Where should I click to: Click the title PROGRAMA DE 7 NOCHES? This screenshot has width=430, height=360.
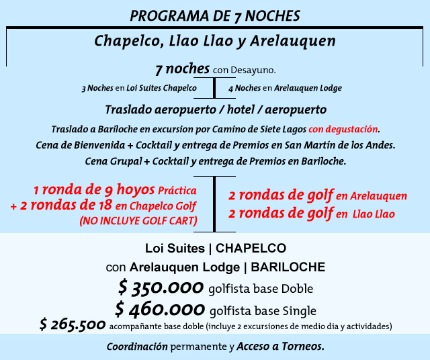coord(214,15)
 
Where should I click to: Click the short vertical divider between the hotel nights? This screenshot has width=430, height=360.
coord(214,88)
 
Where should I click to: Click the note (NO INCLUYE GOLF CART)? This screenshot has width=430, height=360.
coord(138,220)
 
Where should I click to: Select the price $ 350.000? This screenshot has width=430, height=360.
coord(161,289)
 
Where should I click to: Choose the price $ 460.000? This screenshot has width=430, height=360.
coord(159,310)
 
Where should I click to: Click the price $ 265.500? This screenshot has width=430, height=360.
coord(70,326)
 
